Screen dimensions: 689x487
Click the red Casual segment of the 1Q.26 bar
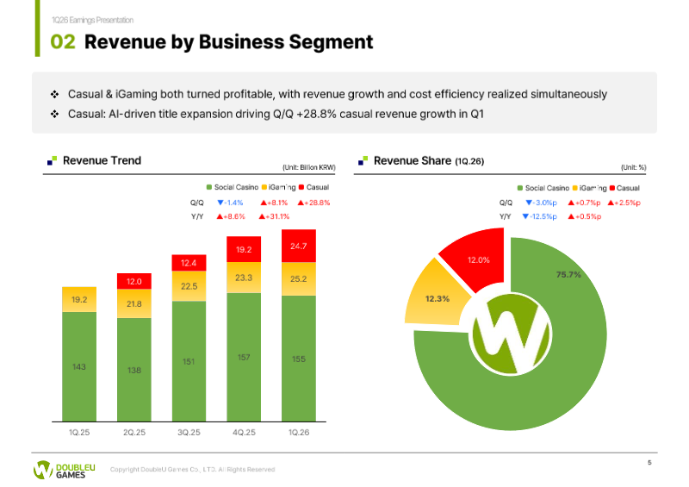coord(298,246)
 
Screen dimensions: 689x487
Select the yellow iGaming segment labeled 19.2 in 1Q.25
coord(79,300)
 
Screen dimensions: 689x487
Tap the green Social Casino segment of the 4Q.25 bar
coord(244,357)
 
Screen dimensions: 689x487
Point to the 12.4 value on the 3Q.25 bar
coord(189,263)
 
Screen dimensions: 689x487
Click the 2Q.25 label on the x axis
coord(134,433)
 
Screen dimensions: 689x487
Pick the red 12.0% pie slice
coord(474,259)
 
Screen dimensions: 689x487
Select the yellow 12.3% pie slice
coord(437,295)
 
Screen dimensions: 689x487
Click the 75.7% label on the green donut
coord(568,274)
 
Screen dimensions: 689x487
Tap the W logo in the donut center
coord(511,334)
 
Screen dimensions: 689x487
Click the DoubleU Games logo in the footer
coord(64,470)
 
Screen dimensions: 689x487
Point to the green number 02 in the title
coord(63,42)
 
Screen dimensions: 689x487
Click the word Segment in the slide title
coord(331,42)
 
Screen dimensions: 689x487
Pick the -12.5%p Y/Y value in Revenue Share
coord(540,216)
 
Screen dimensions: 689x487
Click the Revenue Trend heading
coord(102,160)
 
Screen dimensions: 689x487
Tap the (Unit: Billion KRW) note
coord(309,167)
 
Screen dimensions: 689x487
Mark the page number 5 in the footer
coord(649,462)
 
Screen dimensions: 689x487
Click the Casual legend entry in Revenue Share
coord(625,188)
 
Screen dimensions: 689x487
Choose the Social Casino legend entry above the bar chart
coord(233,187)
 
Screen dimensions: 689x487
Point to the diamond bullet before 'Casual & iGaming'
coord(54,94)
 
